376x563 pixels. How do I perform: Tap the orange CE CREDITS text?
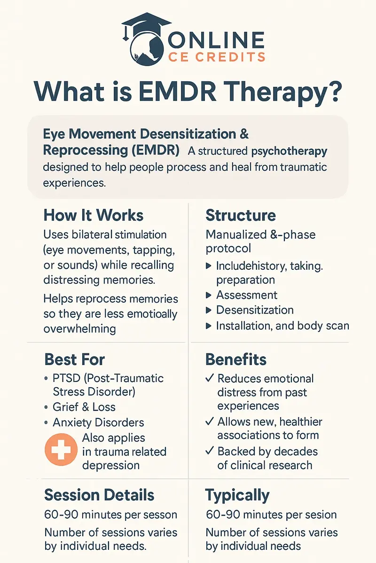(x=217, y=57)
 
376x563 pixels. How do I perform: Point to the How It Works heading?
(x=93, y=215)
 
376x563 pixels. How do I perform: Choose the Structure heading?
(x=241, y=215)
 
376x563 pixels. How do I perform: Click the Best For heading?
(x=74, y=360)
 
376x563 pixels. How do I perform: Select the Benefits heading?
(x=236, y=360)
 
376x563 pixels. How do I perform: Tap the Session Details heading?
(x=99, y=495)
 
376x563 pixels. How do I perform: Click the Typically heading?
(x=237, y=495)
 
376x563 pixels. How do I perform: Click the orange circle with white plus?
(x=61, y=449)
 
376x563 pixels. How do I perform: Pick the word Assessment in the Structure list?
(x=247, y=295)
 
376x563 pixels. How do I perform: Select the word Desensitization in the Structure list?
(x=255, y=310)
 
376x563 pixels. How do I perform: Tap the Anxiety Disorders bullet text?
(x=98, y=422)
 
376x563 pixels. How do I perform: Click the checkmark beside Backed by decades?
(x=210, y=452)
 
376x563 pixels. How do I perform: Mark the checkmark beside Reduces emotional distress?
(x=210, y=379)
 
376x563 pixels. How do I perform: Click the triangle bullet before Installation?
(x=209, y=326)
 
